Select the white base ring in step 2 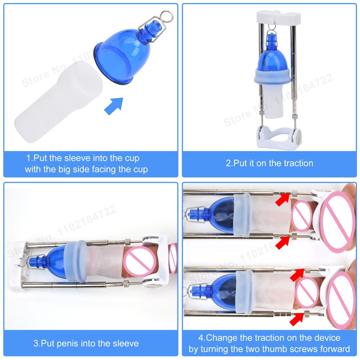(x=278, y=139)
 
